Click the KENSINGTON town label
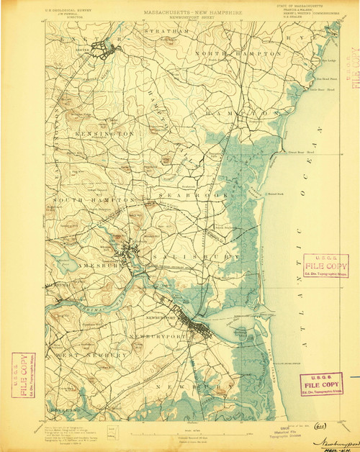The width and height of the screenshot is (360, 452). coord(104,135)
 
